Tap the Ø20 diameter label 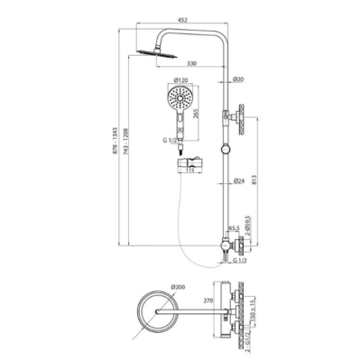pyautogui.click(x=237, y=79)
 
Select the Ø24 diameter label pyautogui.click(x=237, y=181)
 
